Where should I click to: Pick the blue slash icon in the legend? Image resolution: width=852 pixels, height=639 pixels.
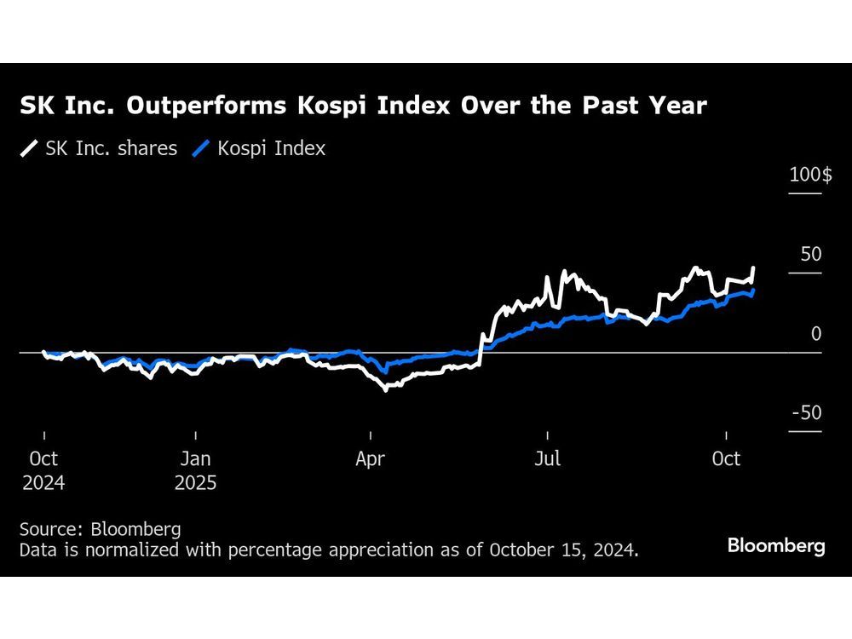tap(201, 148)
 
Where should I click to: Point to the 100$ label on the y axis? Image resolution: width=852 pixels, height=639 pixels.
tap(810, 176)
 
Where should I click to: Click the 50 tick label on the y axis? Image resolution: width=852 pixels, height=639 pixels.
tap(810, 255)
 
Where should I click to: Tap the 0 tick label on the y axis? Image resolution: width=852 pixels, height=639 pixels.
tap(816, 334)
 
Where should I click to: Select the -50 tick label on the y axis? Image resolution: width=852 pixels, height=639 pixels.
tap(807, 413)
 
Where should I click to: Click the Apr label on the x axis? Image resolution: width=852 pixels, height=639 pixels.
tap(370, 458)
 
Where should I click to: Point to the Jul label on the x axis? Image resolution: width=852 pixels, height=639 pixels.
tap(547, 458)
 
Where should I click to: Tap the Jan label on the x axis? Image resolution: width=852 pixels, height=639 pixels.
tap(195, 458)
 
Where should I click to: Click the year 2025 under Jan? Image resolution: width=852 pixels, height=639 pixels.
tap(196, 483)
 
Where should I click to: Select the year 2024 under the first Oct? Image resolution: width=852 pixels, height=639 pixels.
tap(43, 483)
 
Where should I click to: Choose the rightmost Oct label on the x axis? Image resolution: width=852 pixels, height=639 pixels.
tap(726, 458)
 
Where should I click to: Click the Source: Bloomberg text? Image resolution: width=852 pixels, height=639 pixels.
tap(101, 529)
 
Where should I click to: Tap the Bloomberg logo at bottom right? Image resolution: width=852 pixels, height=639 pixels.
tap(776, 546)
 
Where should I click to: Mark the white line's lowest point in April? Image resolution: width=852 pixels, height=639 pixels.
tap(385, 389)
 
